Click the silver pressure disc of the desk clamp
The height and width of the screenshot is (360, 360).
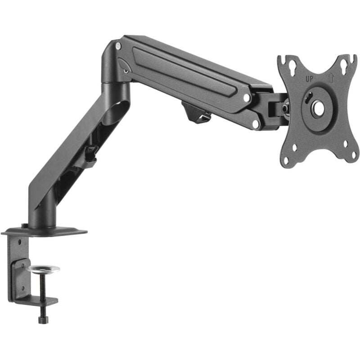(43, 269)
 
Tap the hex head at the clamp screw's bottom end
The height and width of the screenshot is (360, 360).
(43, 319)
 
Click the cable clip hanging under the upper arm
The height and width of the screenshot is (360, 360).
(197, 112)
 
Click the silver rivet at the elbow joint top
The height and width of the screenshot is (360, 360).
(118, 46)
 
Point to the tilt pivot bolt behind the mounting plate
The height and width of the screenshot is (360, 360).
(284, 108)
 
